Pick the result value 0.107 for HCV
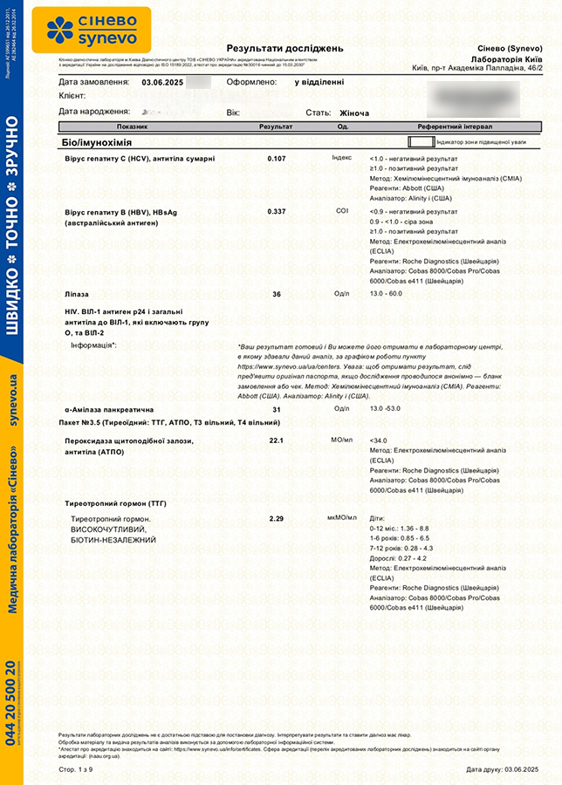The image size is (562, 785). click(277, 158)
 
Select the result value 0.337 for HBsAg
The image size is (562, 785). click(277, 211)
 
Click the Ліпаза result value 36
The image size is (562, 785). click(277, 294)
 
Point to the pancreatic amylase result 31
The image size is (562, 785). click(277, 409)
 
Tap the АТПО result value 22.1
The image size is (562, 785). click(277, 440)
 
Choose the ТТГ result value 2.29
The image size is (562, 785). click(277, 518)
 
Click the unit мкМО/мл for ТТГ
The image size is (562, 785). click(342, 518)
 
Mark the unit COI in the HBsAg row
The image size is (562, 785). click(342, 211)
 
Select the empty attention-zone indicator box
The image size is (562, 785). click(420, 140)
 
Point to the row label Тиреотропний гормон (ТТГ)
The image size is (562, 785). click(116, 504)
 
